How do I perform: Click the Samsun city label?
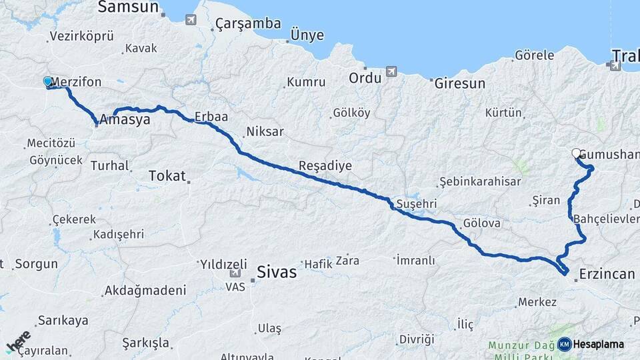(x=128, y=7)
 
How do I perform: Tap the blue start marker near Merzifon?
(x=48, y=81)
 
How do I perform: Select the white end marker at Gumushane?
(x=577, y=153)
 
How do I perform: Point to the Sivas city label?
(x=277, y=271)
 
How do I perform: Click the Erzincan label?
(x=607, y=273)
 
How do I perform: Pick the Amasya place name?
(x=125, y=123)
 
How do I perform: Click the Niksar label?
(x=265, y=131)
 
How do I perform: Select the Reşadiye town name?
(x=325, y=165)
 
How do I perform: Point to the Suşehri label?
(x=416, y=203)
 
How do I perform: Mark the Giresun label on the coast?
(x=460, y=84)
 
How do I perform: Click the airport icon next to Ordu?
(x=391, y=71)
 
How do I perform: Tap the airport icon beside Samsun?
(x=191, y=20)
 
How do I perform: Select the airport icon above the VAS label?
(x=235, y=273)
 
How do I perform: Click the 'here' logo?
(x=18, y=342)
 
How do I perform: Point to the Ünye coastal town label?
(x=307, y=35)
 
